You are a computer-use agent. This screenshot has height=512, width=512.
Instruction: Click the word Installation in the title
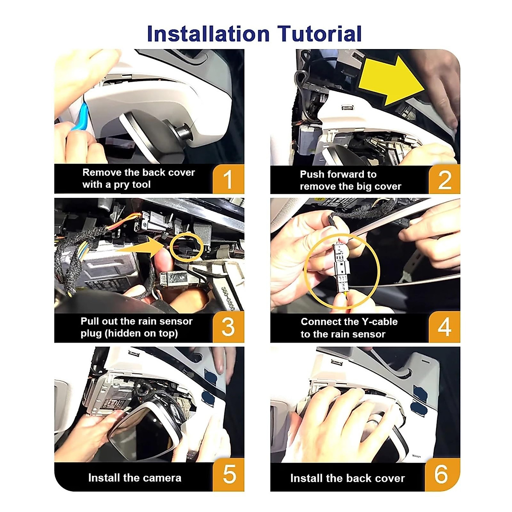pyautogui.click(x=208, y=34)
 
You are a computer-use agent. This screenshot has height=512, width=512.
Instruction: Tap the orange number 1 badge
pyautogui.click(x=229, y=179)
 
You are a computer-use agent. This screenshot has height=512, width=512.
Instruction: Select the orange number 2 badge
pyautogui.click(x=444, y=179)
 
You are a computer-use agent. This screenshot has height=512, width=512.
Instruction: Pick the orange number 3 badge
pyautogui.click(x=229, y=327)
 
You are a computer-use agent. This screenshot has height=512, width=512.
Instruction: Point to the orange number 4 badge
pyautogui.click(x=444, y=327)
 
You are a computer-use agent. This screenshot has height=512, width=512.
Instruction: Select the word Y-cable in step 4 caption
pyautogui.click(x=380, y=322)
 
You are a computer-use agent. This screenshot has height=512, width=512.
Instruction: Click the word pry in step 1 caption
pyautogui.click(x=122, y=185)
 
